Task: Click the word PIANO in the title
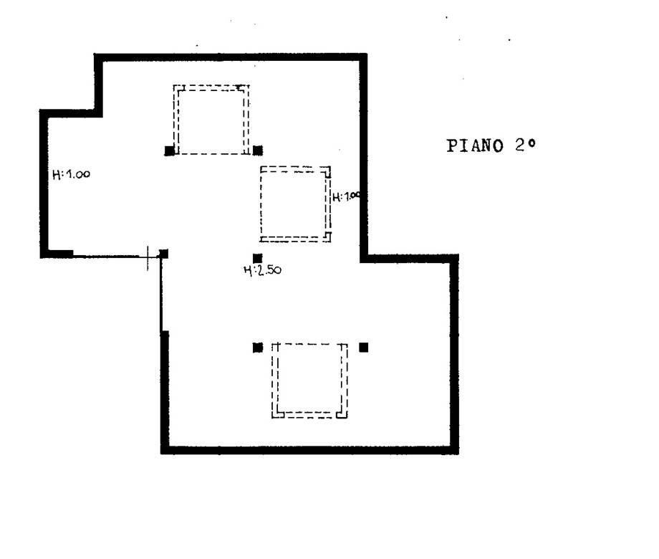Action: point(474,146)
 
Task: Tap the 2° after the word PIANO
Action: point(525,145)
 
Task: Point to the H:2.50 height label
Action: point(263,270)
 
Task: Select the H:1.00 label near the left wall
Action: point(71,174)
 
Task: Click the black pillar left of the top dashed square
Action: point(169,150)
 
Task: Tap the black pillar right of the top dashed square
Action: point(258,150)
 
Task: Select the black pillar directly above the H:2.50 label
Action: point(258,258)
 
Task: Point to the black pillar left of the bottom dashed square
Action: point(258,348)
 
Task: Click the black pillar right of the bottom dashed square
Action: point(364,348)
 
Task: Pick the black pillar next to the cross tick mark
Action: point(163,254)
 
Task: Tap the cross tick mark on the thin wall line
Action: point(148,258)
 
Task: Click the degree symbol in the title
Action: point(532,143)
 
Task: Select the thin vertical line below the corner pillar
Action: point(161,295)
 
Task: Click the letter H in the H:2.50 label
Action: point(248,270)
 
